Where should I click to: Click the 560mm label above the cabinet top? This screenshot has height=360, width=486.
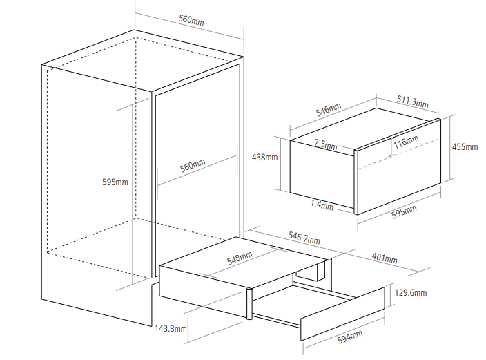click(191, 19)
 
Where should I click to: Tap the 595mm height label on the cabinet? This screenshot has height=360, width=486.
click(115, 182)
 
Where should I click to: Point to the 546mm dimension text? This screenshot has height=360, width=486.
click(329, 110)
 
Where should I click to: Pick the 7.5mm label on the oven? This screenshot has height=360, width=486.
click(325, 145)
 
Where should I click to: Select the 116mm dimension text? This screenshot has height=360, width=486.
click(406, 142)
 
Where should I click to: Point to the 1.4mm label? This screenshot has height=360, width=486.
click(322, 205)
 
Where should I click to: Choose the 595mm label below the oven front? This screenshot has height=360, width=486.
click(405, 211)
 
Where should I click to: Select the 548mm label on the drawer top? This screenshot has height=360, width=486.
click(240, 258)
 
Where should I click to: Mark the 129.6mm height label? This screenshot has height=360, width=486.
click(412, 293)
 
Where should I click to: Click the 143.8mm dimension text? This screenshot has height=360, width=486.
click(171, 328)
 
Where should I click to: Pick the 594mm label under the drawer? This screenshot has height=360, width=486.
click(350, 339)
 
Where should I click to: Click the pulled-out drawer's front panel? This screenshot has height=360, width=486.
click(343, 314)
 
